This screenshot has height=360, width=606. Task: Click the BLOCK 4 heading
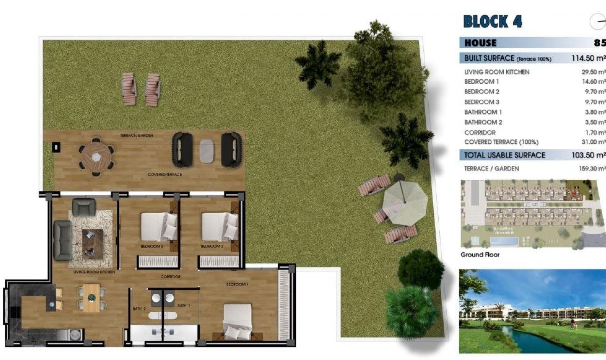pos(493,21)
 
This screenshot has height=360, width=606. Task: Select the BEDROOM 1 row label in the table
pos(481,82)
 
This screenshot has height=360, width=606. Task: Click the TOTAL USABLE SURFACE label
pos(504,155)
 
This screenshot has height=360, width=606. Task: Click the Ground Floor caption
pos(480,255)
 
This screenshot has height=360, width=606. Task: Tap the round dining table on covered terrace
pos(96,157)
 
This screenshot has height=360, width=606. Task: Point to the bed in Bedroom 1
pos(237,322)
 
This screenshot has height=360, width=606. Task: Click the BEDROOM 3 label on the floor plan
pos(152,246)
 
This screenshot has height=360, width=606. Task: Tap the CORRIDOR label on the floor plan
pos(170,277)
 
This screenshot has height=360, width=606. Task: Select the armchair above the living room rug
pos(84,207)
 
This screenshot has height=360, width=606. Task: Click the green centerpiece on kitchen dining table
pos(92,297)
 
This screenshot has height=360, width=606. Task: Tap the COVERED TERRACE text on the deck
pos(165,174)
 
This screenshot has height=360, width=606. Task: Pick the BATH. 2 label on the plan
pos(139,309)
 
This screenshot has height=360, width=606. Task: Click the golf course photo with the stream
pos(532,311)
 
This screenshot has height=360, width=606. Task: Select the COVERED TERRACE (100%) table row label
pos(501,142)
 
